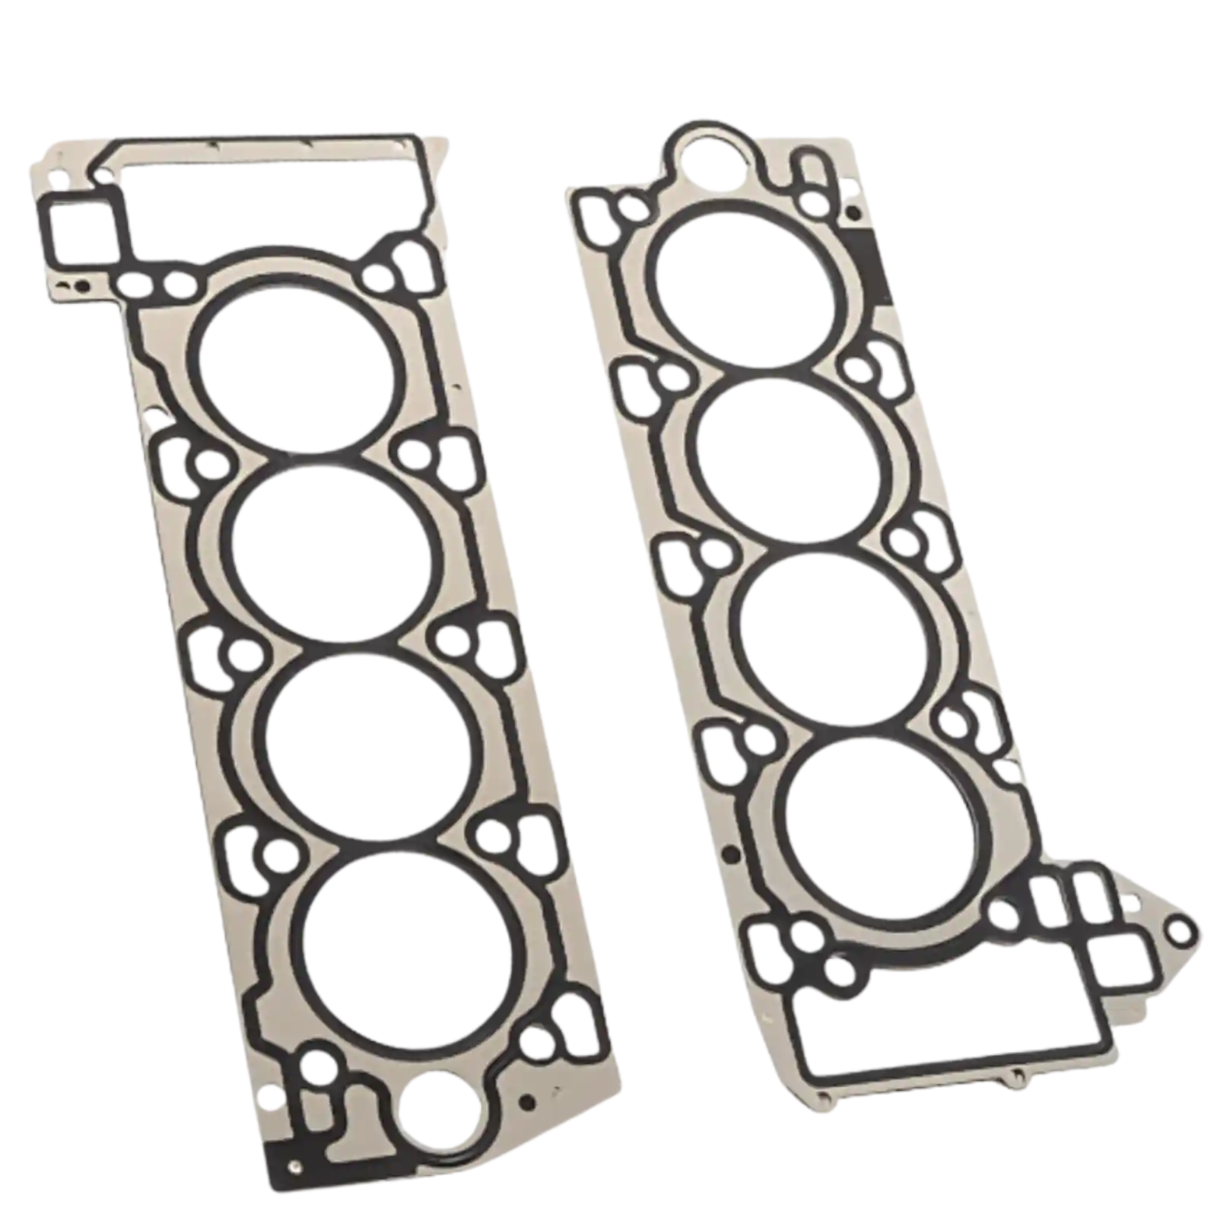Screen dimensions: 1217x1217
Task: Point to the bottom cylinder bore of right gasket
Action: coord(882,825)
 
